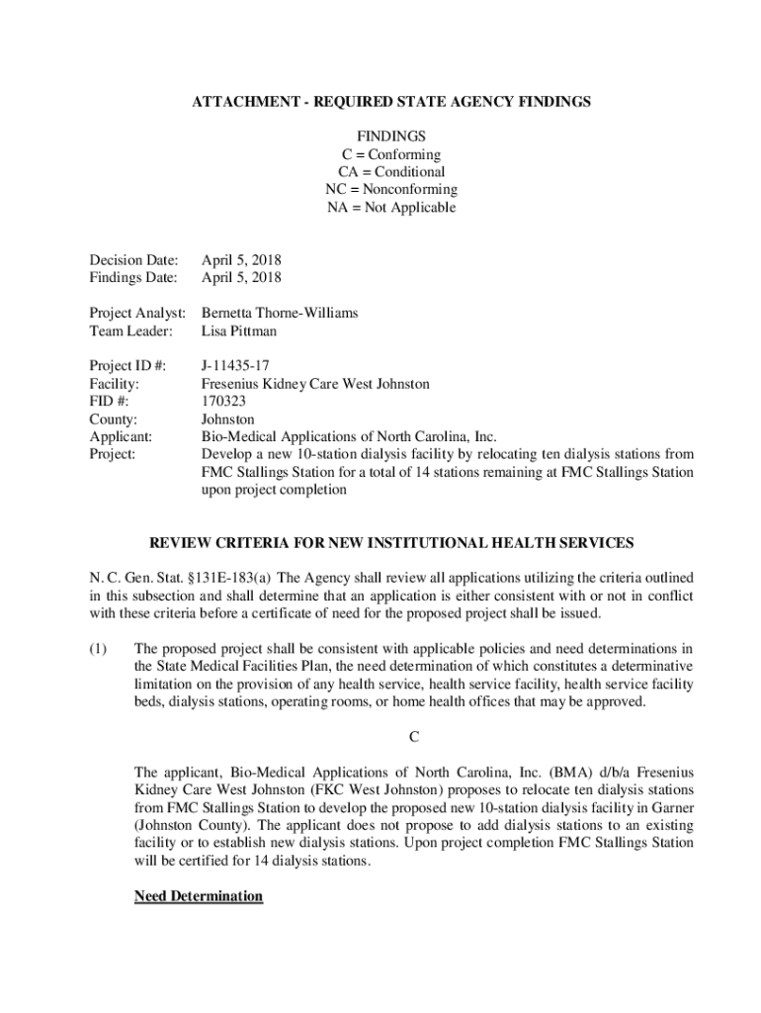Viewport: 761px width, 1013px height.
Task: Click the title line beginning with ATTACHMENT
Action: (391, 102)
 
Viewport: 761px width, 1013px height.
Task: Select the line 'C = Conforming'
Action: (391, 154)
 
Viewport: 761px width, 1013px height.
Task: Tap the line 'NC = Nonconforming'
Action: (391, 189)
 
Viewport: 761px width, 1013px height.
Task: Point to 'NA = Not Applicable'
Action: (391, 207)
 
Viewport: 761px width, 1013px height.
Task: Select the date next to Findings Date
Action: (241, 278)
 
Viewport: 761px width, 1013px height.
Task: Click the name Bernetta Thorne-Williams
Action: (280, 313)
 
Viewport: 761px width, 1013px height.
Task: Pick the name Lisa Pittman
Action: (239, 330)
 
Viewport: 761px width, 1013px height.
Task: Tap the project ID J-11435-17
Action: (234, 365)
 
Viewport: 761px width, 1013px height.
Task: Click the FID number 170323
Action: (223, 401)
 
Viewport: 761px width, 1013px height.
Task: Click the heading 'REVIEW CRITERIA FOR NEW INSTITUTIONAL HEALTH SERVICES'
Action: (391, 543)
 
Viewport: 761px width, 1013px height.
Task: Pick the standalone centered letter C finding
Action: (414, 738)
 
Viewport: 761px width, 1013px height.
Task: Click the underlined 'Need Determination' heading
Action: (199, 896)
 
